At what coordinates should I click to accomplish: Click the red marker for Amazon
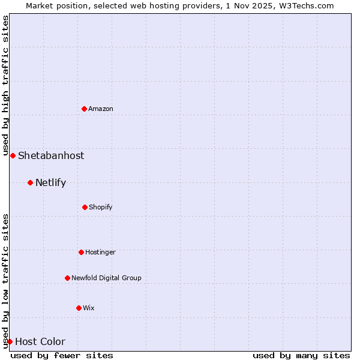85,109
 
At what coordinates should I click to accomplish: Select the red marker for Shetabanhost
13,155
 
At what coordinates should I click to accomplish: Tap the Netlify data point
30,182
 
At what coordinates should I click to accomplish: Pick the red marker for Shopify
85,207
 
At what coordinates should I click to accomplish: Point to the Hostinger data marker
81,252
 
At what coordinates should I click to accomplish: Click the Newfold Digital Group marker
67,278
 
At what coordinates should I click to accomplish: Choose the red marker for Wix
79,308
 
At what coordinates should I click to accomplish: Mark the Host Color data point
10,341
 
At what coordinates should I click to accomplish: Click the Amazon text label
101,109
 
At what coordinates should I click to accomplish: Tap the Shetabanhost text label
51,155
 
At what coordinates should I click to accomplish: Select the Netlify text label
50,182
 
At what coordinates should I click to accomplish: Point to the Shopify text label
101,207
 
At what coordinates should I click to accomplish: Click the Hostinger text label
100,252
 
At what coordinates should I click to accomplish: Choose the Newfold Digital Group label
106,278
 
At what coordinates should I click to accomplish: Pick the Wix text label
89,308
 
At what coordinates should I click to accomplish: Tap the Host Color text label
40,341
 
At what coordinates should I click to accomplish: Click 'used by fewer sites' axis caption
62,355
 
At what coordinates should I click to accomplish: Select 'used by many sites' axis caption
301,355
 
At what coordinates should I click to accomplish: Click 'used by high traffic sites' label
5,84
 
